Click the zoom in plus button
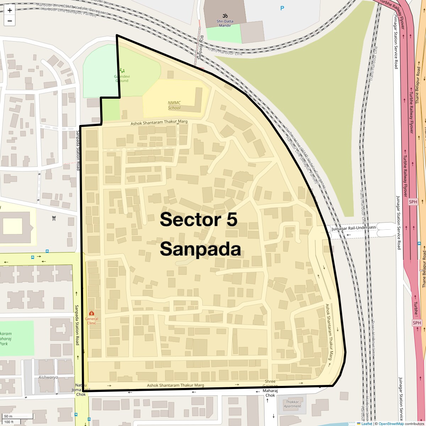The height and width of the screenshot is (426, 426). pyautogui.click(x=10, y=11)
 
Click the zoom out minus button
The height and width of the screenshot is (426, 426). pyautogui.click(x=10, y=21)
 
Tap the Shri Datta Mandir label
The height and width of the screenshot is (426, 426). pyautogui.click(x=225, y=23)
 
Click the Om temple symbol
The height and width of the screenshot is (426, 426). pyautogui.click(x=225, y=16)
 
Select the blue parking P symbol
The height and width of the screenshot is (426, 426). pyautogui.click(x=282, y=8)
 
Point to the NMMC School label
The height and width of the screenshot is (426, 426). pyautogui.click(x=174, y=105)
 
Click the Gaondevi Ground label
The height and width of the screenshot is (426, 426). pyautogui.click(x=121, y=78)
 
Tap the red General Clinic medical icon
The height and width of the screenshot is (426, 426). pyautogui.click(x=92, y=313)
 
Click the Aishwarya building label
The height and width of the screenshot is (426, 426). pyautogui.click(x=48, y=377)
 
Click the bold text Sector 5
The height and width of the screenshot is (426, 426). pyautogui.click(x=198, y=220)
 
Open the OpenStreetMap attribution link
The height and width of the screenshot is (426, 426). pyautogui.click(x=391, y=424)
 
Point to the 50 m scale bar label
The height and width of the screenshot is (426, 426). pyautogui.click(x=8, y=416)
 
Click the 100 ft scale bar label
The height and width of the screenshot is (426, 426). pyautogui.click(x=9, y=422)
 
